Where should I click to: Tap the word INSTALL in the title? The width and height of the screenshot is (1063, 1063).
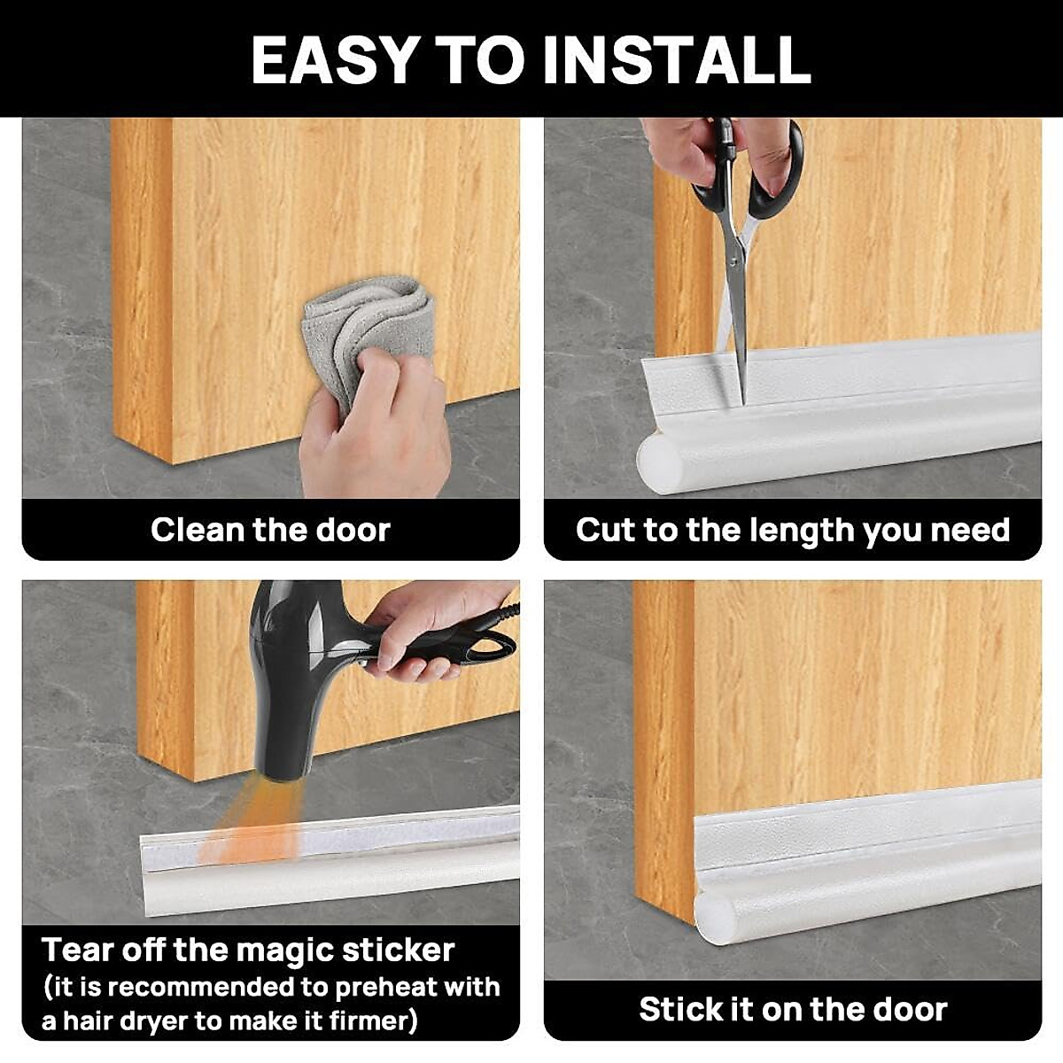676,60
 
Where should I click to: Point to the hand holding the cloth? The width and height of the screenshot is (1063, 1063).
381,434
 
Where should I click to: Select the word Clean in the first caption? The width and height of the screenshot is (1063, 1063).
198,530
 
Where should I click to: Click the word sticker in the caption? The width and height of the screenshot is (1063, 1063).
398,950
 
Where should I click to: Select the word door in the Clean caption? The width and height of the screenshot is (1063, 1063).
352,530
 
